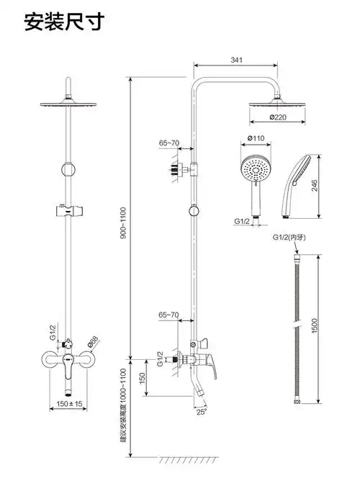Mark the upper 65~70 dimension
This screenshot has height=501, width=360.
[168, 143]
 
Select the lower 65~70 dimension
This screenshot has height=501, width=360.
[168, 315]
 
